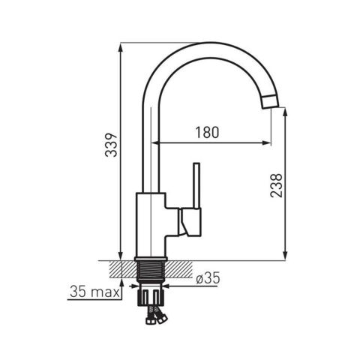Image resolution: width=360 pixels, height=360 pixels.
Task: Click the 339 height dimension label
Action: tap(111, 145)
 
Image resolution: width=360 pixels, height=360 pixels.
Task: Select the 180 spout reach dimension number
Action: tap(207, 133)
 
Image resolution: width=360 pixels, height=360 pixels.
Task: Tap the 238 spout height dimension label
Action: tap(276, 185)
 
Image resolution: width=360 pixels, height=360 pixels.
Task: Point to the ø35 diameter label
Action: tap(208, 278)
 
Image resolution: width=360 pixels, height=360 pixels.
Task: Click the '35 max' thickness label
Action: tap(94, 292)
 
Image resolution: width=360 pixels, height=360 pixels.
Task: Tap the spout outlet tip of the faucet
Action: tap(271, 102)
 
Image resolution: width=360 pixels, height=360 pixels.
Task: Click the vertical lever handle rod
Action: tap(196, 185)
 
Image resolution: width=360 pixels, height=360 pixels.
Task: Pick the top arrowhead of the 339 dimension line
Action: tap(121, 47)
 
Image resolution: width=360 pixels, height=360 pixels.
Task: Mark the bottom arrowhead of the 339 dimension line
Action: tap(121, 256)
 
